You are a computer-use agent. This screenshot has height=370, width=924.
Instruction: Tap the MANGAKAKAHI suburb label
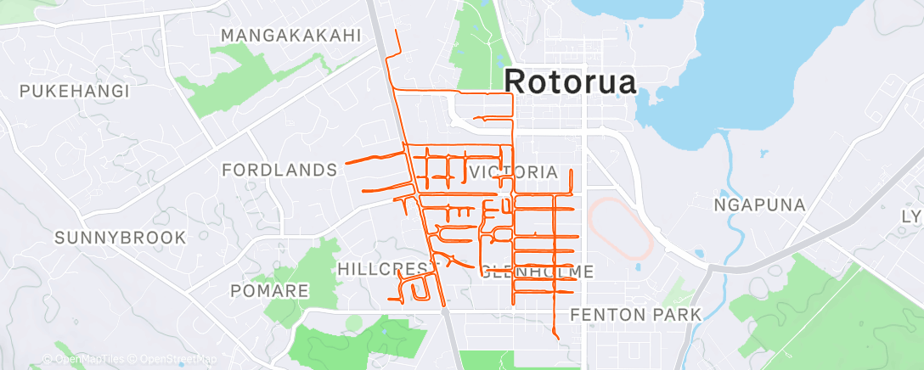click(x=291, y=36)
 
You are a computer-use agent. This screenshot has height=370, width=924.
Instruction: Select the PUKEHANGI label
click(x=75, y=91)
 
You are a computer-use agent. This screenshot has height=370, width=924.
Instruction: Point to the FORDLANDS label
click(x=279, y=171)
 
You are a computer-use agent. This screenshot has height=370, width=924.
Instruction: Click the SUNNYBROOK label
click(x=121, y=238)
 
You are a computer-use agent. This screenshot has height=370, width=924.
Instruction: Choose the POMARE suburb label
click(x=269, y=291)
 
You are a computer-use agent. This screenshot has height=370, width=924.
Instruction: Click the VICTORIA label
click(x=513, y=173)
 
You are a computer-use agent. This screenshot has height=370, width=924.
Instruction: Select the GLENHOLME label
click(x=538, y=272)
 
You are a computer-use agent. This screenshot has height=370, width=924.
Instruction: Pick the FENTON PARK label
click(x=636, y=315)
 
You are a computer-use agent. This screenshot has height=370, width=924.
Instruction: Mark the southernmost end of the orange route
click(x=558, y=339)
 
